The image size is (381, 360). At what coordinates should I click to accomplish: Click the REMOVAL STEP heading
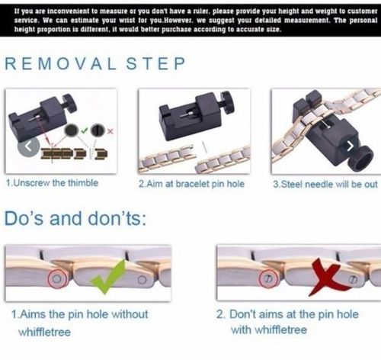coord(95,63)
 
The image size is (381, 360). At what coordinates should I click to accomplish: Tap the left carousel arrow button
coord(28,146)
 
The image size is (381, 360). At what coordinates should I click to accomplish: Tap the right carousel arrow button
coord(350,146)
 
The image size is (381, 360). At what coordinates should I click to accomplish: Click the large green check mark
coord(108,277)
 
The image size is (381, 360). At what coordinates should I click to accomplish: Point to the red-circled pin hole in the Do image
coord(57,279)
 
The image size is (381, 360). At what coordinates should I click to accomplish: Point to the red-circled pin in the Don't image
coord(268,279)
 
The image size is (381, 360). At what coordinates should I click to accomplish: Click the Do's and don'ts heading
coord(75,218)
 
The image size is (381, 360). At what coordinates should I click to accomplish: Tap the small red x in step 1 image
coord(110,131)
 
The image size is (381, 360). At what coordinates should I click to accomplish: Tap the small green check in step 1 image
coord(85,130)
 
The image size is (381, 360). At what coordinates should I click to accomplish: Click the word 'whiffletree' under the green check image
coord(44,332)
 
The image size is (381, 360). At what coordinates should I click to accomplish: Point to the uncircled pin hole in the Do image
coord(142,280)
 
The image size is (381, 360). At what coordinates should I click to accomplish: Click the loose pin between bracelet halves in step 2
coord(204,147)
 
